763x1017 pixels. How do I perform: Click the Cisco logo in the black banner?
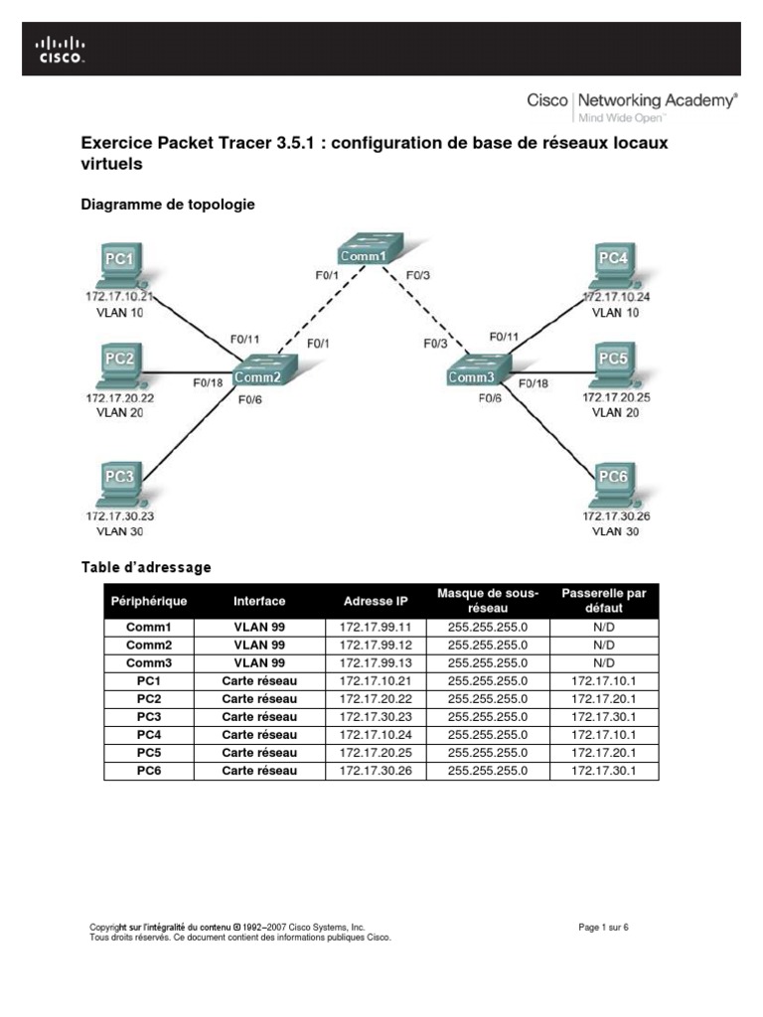(x=61, y=49)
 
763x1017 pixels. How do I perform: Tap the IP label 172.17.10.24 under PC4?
(x=618, y=296)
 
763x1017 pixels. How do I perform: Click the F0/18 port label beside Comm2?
(x=207, y=380)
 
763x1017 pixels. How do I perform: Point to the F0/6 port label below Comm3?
(x=491, y=398)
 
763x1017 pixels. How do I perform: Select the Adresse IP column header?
(x=376, y=601)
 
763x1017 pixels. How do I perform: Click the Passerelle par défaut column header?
(x=604, y=601)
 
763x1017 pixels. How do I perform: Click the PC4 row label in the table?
(x=148, y=735)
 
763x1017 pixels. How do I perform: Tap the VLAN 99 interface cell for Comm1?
(x=259, y=628)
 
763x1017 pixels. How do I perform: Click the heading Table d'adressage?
(x=145, y=567)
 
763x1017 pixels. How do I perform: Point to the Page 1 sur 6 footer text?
(x=604, y=928)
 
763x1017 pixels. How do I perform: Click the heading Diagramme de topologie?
(x=167, y=204)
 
